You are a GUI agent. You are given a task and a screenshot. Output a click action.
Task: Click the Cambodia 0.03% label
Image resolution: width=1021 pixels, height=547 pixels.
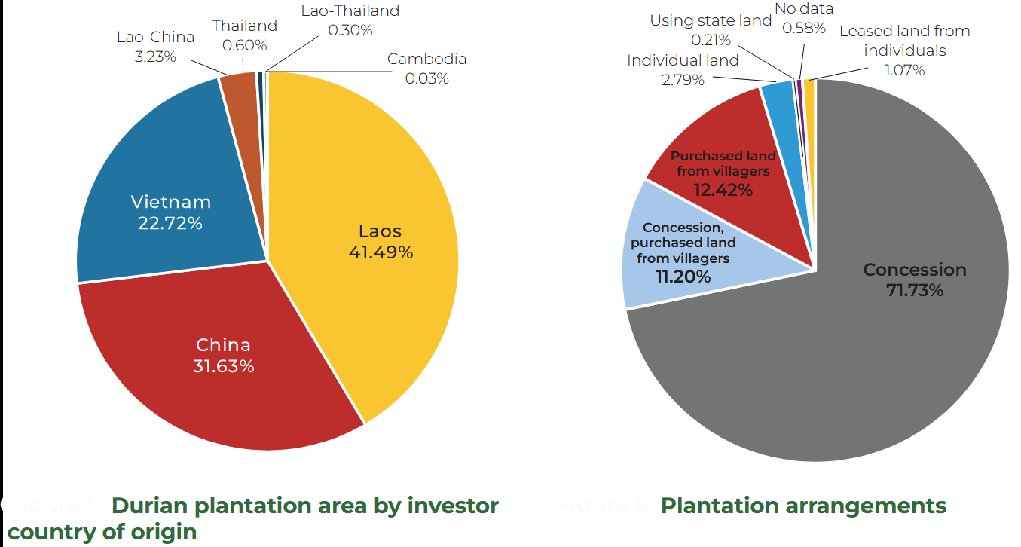pyautogui.click(x=426, y=69)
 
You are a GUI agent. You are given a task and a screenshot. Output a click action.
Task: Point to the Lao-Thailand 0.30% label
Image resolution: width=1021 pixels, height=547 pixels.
pyautogui.click(x=350, y=21)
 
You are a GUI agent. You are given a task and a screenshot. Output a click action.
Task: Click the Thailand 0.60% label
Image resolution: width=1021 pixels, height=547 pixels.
pyautogui.click(x=245, y=35)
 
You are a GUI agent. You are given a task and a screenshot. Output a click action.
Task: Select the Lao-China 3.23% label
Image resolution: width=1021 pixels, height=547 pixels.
pyautogui.click(x=155, y=47)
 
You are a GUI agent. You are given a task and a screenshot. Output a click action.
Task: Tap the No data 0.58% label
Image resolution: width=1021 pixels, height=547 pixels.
pyautogui.click(x=804, y=19)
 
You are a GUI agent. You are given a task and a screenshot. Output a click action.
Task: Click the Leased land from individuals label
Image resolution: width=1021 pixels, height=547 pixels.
pyautogui.click(x=904, y=50)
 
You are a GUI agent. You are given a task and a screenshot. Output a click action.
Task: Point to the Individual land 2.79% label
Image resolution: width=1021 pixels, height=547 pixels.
pyautogui.click(x=683, y=70)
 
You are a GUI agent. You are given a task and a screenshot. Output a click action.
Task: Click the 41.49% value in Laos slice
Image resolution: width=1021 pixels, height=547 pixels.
pyautogui.click(x=381, y=252)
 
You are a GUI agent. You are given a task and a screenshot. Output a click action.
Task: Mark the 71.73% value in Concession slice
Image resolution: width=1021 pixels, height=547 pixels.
pyautogui.click(x=914, y=290)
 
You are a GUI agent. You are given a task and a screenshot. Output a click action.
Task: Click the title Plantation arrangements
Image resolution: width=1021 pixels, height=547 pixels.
pyautogui.click(x=803, y=506)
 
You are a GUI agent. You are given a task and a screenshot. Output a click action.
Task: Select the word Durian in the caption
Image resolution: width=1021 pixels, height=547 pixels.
pyautogui.click(x=153, y=506)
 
